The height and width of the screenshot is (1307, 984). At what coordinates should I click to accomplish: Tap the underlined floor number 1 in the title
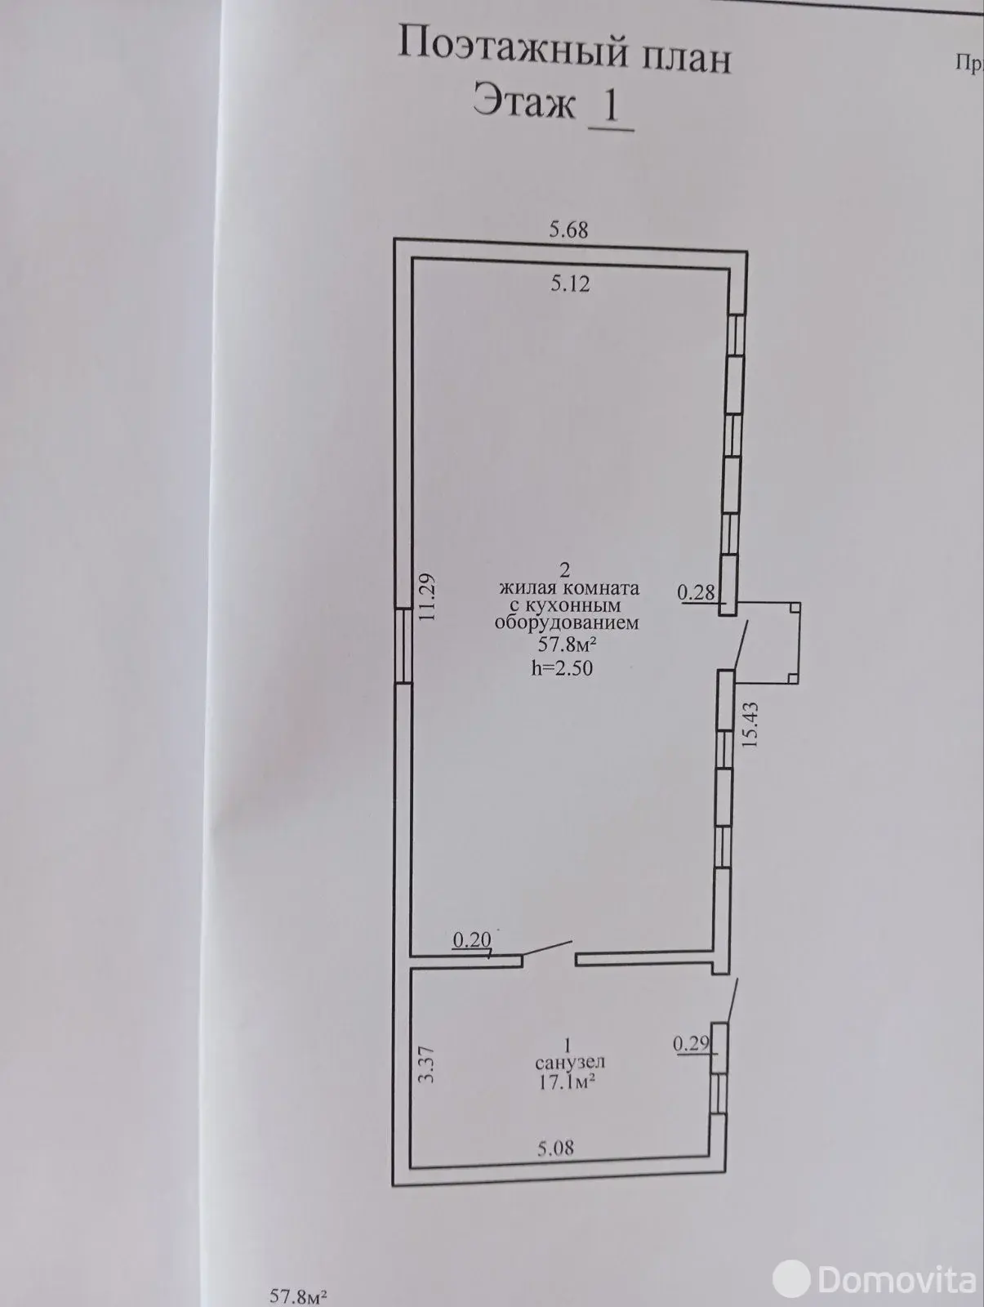[x=611, y=108]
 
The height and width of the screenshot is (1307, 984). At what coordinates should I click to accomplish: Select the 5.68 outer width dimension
[x=568, y=230]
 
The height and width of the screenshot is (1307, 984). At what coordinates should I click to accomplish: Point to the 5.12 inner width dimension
[x=570, y=283]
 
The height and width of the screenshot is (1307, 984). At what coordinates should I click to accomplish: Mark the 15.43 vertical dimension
[x=750, y=725]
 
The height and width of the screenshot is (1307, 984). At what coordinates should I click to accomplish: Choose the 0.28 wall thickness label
[x=696, y=592]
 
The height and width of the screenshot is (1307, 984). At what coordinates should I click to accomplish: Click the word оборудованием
[x=567, y=622]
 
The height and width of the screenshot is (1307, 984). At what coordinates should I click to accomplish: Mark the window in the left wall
[x=403, y=645]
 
